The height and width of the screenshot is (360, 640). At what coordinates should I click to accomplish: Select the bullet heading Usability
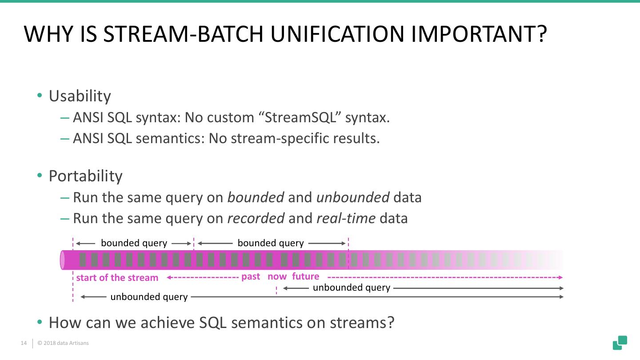point(80,96)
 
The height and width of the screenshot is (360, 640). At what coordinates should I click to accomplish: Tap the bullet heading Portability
point(85,176)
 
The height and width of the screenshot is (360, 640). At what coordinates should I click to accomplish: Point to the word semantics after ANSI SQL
point(168,138)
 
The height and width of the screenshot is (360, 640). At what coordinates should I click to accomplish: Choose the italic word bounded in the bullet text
point(256,197)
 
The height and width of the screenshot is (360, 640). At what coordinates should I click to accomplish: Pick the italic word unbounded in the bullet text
point(353,197)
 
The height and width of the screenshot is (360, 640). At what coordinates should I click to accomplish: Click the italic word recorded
point(256,218)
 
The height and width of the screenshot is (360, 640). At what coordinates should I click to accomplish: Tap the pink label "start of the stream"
point(117,278)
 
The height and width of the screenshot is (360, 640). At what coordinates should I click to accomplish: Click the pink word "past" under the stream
point(251,276)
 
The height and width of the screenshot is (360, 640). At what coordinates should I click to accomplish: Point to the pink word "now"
point(277,276)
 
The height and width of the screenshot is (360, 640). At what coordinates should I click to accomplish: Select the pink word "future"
point(306,276)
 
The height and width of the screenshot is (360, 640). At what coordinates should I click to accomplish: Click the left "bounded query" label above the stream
point(134,243)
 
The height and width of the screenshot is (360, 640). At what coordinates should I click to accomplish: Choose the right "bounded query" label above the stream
point(271,243)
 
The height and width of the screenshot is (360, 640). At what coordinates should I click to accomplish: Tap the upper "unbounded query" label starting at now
point(351,288)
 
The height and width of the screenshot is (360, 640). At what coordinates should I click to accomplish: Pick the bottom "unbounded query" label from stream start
point(149,297)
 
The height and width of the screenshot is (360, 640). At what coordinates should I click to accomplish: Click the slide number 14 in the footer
point(24,343)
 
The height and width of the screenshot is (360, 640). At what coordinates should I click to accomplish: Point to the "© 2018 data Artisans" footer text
point(63,343)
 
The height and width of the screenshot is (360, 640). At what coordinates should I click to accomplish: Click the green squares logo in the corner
point(620,343)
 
